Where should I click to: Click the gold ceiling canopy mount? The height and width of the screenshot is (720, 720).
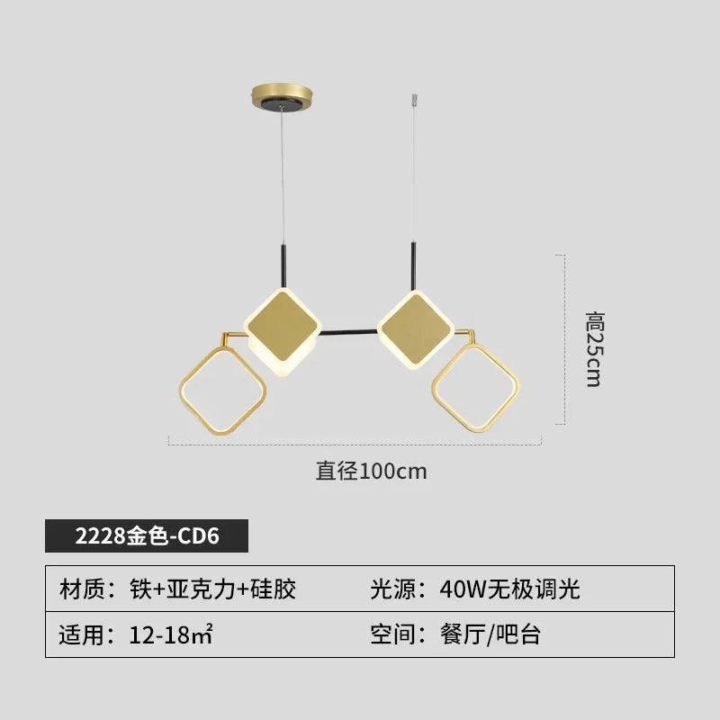(282, 96)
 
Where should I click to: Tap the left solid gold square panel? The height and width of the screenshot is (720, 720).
(282, 326)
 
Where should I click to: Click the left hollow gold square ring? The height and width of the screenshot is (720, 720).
(222, 390)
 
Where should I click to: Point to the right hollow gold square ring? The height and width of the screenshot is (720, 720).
(476, 388)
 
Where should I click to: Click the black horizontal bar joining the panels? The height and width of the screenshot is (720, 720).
(348, 331)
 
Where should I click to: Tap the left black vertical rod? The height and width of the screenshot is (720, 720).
(283, 267)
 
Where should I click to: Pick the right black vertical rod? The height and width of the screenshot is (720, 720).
(413, 266)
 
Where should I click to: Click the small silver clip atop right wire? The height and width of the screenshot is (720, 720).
(415, 99)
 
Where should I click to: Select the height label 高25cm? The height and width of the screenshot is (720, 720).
(595, 349)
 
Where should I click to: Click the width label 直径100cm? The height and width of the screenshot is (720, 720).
(371, 471)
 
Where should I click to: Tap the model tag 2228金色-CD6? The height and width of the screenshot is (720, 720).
(147, 535)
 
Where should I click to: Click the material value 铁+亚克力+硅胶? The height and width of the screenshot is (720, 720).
(212, 589)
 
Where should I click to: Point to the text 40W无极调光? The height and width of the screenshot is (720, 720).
(509, 589)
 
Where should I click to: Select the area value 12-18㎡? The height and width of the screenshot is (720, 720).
(171, 634)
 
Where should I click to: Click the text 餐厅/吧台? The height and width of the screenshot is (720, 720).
(490, 634)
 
